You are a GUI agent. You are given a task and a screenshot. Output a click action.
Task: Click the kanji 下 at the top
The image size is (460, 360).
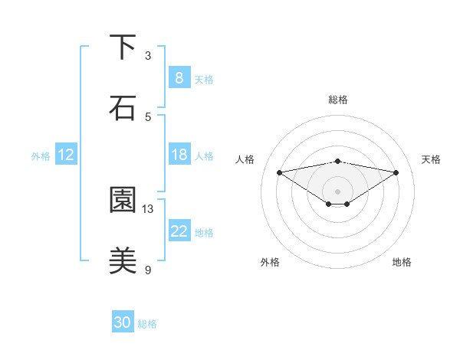tap(123, 47)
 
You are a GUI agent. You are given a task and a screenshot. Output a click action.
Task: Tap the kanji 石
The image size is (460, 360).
tap(123, 107)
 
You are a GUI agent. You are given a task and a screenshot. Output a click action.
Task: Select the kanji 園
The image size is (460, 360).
tap(123, 201)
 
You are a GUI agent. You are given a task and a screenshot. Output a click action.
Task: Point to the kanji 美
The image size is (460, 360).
tap(123, 261)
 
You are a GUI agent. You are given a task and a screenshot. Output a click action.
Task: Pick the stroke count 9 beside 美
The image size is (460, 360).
tap(148, 270)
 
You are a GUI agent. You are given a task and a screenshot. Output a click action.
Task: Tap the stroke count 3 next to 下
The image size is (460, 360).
tap(148, 56)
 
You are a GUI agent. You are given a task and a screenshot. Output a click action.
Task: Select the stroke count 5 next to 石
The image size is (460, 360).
tap(148, 116)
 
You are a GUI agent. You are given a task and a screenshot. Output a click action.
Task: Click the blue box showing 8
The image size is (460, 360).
tap(179, 77)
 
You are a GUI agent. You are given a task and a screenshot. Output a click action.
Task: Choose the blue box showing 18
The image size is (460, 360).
tap(179, 155)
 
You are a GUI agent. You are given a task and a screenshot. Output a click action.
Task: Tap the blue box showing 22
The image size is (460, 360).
tap(179, 231)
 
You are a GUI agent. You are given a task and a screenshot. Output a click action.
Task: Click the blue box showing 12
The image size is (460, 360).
tap(66, 155)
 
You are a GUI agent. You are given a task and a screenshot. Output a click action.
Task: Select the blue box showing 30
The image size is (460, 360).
tap(123, 322)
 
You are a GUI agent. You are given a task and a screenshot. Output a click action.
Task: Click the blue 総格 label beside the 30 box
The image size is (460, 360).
tap(147, 324)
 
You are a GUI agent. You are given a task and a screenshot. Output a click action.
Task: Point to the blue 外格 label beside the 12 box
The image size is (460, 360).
tap(41, 156)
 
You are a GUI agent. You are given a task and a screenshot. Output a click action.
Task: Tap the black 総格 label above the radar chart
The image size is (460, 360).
tap(338, 100)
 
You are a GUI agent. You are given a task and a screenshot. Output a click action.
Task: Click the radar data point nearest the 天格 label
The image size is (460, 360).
tap(396, 172)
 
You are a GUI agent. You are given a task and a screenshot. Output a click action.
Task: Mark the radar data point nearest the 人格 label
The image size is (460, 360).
tap(279, 172)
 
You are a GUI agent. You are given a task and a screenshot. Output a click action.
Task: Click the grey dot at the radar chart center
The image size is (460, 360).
tap(338, 191)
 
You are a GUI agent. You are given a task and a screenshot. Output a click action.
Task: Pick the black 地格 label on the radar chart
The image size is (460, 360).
tap(402, 262)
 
